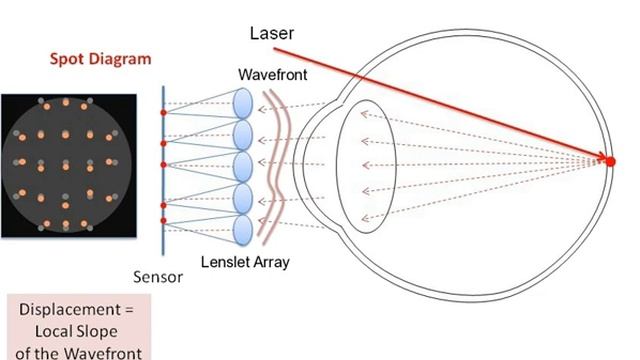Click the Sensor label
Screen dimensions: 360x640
(x=158, y=276)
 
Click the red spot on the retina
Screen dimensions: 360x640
(x=610, y=159)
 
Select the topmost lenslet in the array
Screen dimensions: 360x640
(x=243, y=103)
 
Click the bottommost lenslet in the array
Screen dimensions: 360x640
(x=243, y=229)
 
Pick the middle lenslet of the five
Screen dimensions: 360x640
(x=243, y=166)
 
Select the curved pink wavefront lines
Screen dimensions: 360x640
(x=272, y=165)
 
